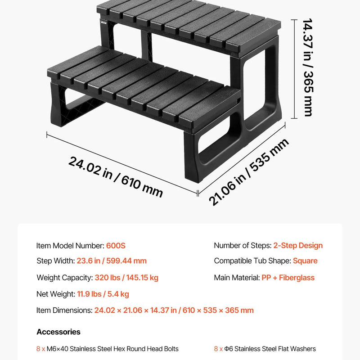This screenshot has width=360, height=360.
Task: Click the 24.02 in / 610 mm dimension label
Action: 116,176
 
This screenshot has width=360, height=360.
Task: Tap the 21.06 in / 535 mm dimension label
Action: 249,172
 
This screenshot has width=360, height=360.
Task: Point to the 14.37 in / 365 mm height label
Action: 308,67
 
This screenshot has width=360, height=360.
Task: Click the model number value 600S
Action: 116,246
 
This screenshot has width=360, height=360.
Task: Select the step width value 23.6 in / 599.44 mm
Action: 112,261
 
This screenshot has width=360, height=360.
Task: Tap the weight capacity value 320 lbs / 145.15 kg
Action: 126,278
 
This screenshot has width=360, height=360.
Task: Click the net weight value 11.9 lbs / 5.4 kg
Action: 103,294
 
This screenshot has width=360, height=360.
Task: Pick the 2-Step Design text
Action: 298,245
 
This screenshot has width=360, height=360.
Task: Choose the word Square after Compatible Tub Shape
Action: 305,261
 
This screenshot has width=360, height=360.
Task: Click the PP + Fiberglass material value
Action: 288,278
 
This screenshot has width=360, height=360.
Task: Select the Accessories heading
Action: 58,332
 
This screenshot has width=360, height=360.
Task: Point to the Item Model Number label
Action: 70,246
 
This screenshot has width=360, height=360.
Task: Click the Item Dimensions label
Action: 64,310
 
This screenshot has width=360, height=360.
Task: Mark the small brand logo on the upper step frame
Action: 103,22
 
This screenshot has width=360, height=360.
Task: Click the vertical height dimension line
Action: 294,69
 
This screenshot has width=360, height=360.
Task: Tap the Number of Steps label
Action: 243,245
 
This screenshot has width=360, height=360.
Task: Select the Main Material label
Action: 237,278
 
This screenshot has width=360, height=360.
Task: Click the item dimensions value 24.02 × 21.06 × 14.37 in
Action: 135,310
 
